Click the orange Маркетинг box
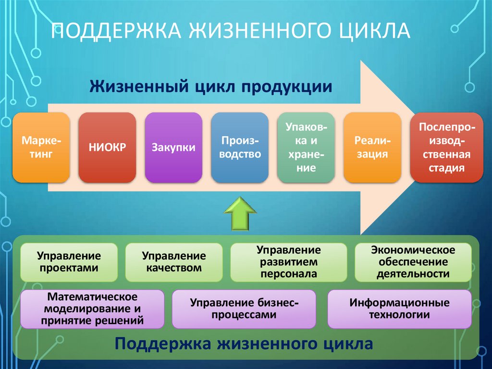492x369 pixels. pyautogui.click(x=41, y=148)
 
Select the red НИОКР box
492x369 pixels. pyautogui.click(x=107, y=148)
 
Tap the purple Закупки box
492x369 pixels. pyautogui.click(x=173, y=148)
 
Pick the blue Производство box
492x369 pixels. pyautogui.click(x=240, y=148)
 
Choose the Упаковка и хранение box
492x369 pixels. pyautogui.click(x=307, y=148)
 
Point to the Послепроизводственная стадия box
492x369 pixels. pyautogui.click(x=447, y=148)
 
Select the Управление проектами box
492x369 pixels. pyautogui.click(x=69, y=262)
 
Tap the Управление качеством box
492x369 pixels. pyautogui.click(x=173, y=262)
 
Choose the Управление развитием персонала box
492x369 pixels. pyautogui.click(x=288, y=262)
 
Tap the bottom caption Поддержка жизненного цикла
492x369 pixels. pyautogui.click(x=244, y=344)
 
